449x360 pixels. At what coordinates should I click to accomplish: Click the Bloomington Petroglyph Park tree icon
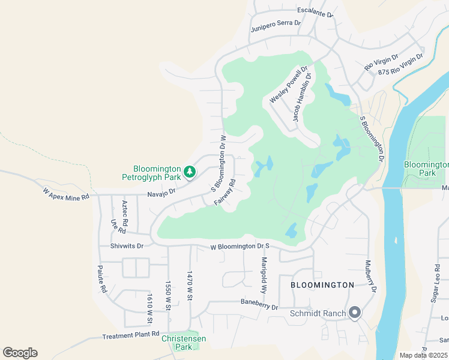[190, 172]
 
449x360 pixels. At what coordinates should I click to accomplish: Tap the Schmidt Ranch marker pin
[354, 312]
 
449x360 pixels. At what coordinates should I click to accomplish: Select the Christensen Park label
[184, 343]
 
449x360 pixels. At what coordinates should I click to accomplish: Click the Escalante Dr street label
[315, 11]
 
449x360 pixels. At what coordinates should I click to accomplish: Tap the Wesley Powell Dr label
[289, 85]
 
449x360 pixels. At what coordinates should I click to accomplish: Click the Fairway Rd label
[224, 193]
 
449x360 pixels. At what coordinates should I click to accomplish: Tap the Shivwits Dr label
[127, 245]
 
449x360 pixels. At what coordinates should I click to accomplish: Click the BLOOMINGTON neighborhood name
[322, 285]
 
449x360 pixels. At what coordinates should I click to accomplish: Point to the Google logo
[20, 353]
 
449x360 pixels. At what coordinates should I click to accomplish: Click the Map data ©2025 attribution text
[423, 355]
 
